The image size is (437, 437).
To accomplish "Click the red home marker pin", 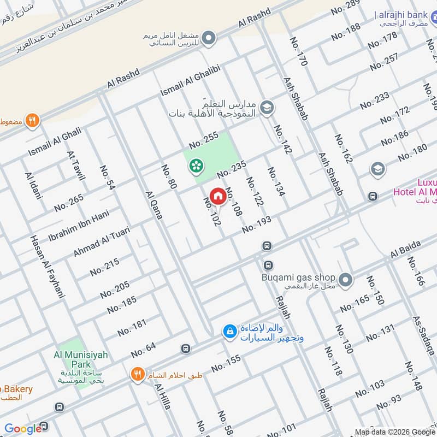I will pyautogui.click(x=217, y=196).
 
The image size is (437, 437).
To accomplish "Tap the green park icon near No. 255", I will pyautogui.click(x=195, y=165).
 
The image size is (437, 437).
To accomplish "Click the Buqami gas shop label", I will pyautogui.click(x=297, y=276).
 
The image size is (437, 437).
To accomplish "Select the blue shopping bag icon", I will pyautogui.click(x=229, y=330).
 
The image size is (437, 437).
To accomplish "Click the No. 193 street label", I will pyautogui.click(x=257, y=224).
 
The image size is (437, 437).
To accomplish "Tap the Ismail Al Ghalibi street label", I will pyautogui.click(x=190, y=81).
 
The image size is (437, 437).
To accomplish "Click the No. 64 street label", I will pyautogui.click(x=143, y=347).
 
